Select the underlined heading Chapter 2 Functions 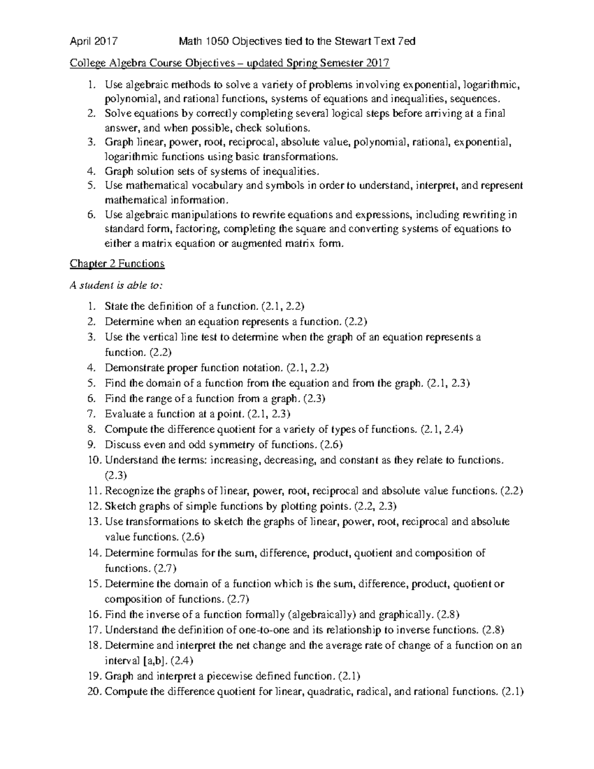pyautogui.click(x=117, y=264)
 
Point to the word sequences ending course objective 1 pyautogui.click(x=479, y=99)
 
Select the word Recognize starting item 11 pyautogui.click(x=129, y=491)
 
